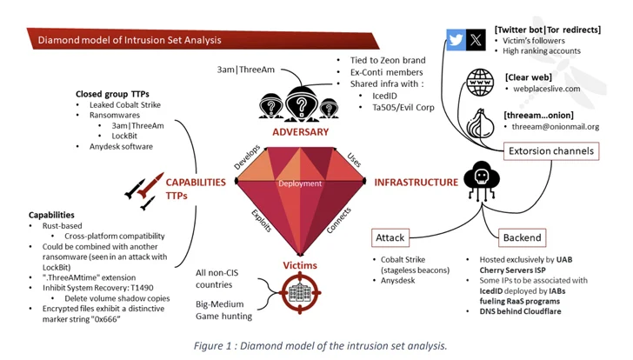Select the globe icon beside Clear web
click(x=480, y=83)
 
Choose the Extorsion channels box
click(x=552, y=151)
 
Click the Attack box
click(x=390, y=237)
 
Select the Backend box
click(x=522, y=237)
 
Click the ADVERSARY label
click(x=301, y=132)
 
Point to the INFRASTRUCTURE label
click(x=416, y=183)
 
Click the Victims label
click(x=300, y=265)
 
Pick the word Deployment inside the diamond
click(x=300, y=183)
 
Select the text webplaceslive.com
click(x=547, y=90)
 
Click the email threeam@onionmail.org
click(x=556, y=127)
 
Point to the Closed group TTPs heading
click(x=113, y=93)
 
